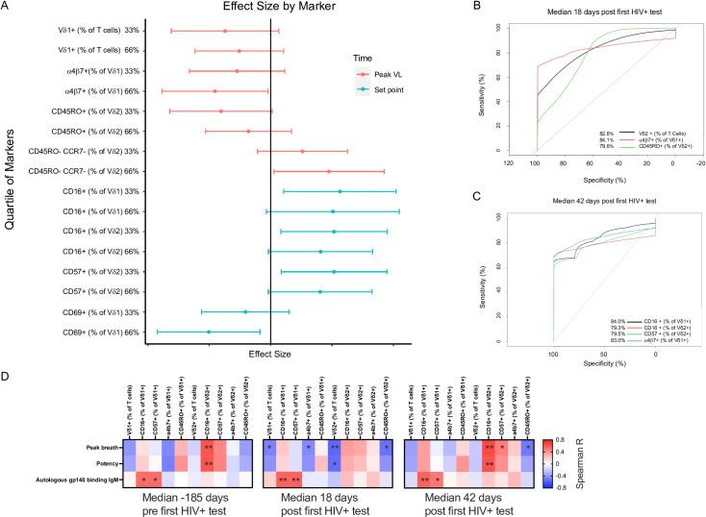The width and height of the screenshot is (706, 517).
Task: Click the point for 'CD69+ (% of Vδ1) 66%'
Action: [209, 332]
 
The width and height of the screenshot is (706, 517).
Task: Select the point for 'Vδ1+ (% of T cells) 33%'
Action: [225, 31]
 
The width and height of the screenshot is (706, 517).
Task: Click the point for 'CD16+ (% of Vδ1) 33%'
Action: [340, 191]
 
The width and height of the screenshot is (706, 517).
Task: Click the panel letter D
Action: [8, 368]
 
